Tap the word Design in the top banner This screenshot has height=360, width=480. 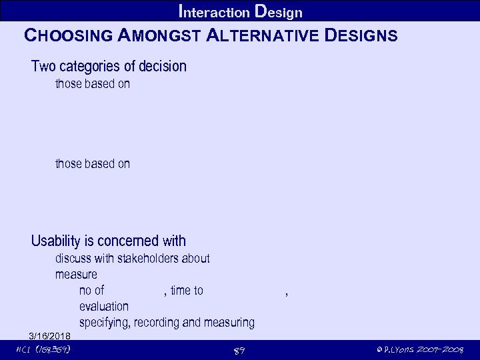(x=278, y=12)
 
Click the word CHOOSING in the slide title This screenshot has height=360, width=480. (x=67, y=35)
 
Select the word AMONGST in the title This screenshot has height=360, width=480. (x=157, y=35)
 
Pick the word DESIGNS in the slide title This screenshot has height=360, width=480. (x=363, y=35)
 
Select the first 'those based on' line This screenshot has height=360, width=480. (x=92, y=84)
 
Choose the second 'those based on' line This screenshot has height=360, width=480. (x=92, y=164)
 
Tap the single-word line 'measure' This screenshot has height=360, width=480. (x=76, y=275)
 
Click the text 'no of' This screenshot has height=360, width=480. (x=91, y=291)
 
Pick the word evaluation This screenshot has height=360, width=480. (x=103, y=307)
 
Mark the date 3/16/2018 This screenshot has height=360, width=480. (x=51, y=335)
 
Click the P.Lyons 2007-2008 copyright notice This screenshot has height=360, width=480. (x=419, y=350)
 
